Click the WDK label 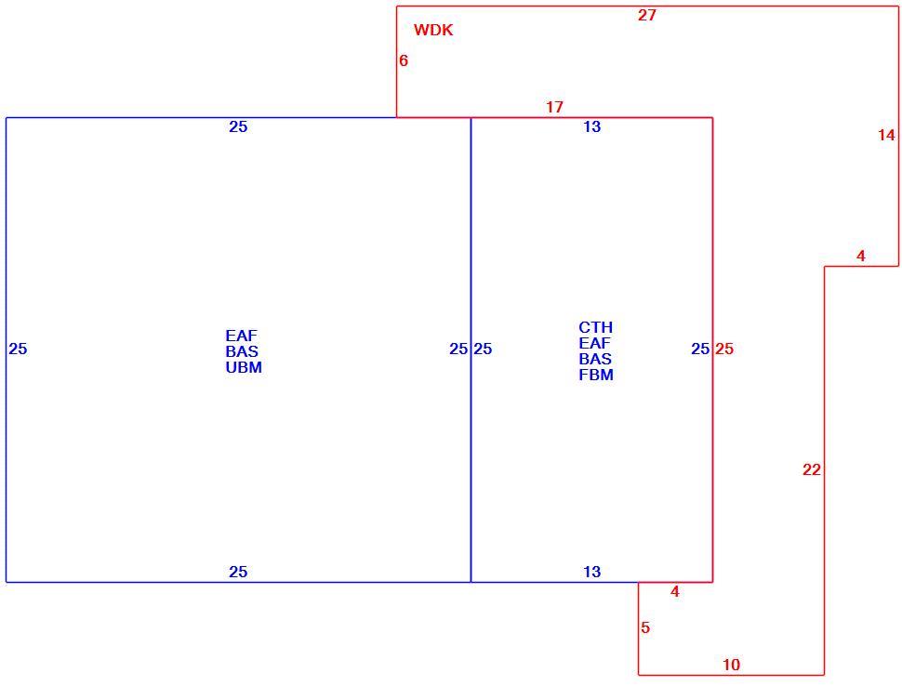pos(433,30)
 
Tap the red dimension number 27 pos(646,16)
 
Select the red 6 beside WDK pos(404,60)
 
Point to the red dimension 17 pos(554,107)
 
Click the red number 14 pos(886,135)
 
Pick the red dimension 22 pos(812,470)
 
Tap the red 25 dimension pos(724,349)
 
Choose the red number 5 pos(645,627)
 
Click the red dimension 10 pos(731,666)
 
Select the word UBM pos(244,368)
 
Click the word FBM pos(596,376)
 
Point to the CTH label pos(596,327)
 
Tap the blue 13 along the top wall pos(592,126)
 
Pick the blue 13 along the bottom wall pos(592,572)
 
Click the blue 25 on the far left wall pos(18,349)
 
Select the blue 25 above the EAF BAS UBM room pos(238,126)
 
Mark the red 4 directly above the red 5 pos(675,591)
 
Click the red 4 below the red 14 pos(860,257)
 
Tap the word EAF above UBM pos(242,336)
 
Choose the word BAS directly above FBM pos(595,360)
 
